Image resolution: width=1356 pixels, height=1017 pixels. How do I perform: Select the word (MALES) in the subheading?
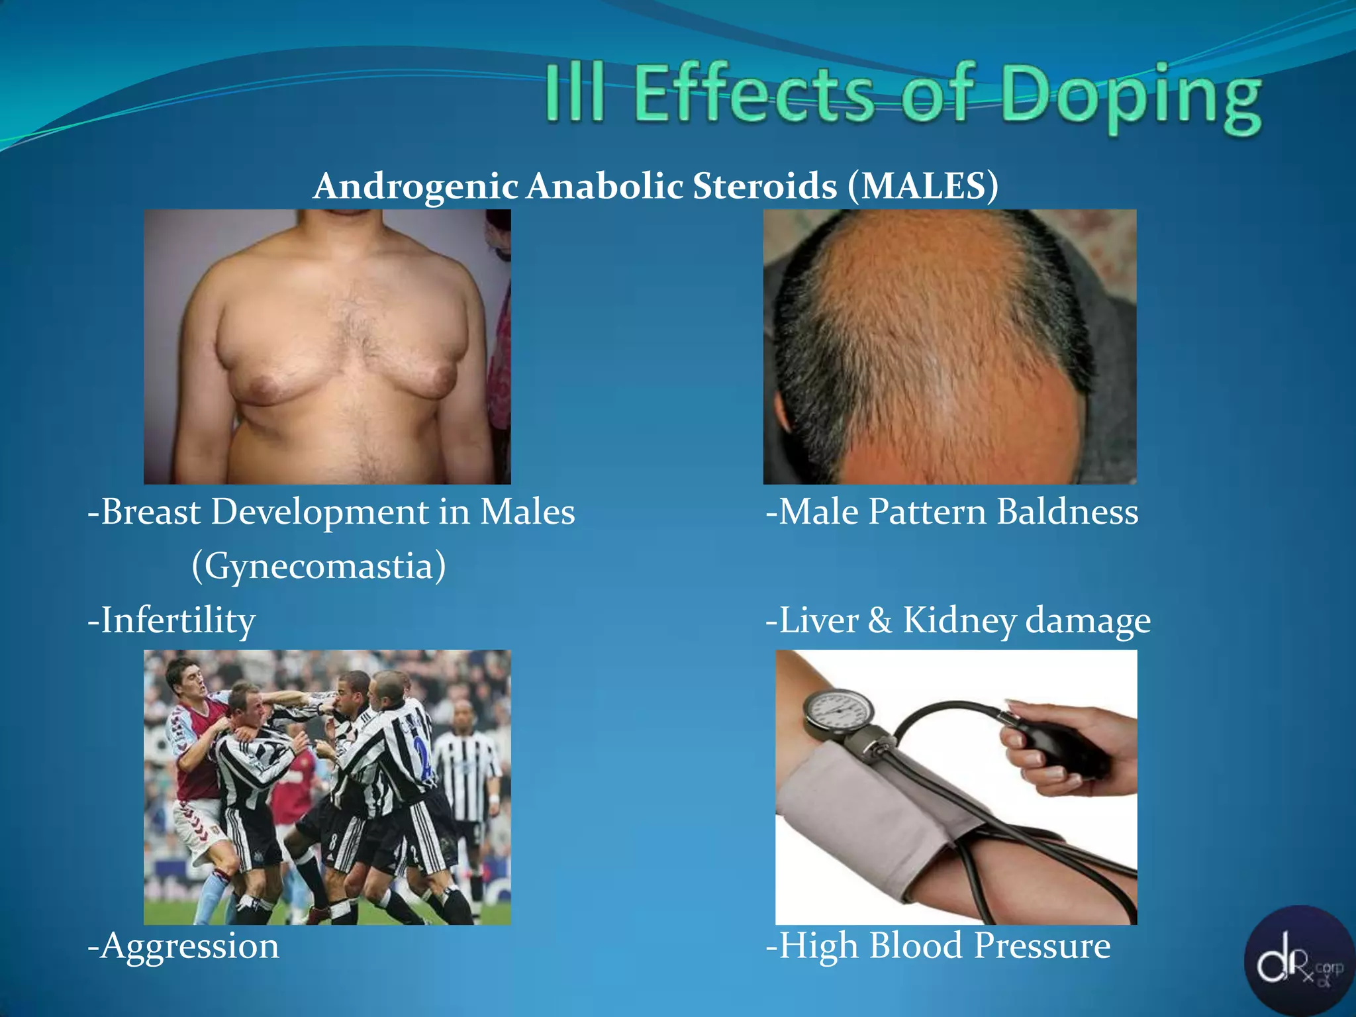coord(922,186)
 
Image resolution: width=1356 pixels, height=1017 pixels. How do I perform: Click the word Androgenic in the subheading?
coord(415,187)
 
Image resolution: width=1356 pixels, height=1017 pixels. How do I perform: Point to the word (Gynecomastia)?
coord(318,567)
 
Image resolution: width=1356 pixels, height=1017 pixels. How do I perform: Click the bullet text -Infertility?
coord(171,621)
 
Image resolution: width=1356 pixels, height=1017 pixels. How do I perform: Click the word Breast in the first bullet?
coord(151,512)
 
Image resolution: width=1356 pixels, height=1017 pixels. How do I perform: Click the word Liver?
coord(818,621)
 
